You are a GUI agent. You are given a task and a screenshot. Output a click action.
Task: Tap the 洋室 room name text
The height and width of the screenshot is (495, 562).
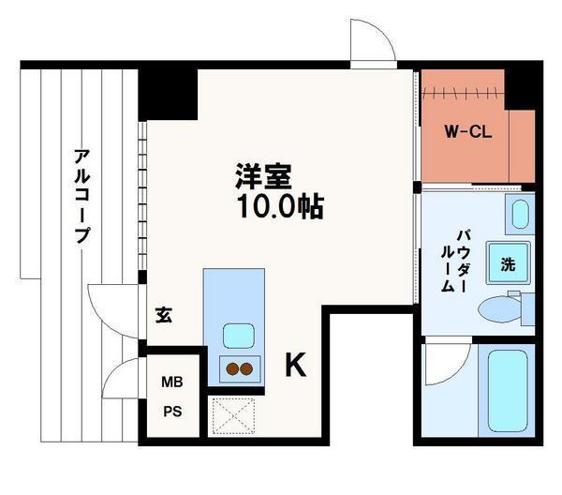pyautogui.click(x=264, y=176)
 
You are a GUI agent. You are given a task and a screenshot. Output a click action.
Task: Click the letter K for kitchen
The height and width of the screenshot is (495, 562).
pyautogui.click(x=295, y=366)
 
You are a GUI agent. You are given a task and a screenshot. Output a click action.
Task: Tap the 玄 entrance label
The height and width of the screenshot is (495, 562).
pyautogui.click(x=162, y=315)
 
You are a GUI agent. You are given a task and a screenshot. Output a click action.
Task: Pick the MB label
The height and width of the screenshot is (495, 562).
pyautogui.click(x=171, y=382)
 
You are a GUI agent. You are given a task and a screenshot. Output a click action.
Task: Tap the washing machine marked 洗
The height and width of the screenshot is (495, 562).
pyautogui.click(x=508, y=263)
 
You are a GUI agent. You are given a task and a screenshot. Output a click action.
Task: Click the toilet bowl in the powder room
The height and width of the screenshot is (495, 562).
pyautogui.click(x=496, y=307)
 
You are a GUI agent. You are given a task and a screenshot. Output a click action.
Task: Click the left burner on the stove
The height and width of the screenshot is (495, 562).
pyautogui.click(x=229, y=368)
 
